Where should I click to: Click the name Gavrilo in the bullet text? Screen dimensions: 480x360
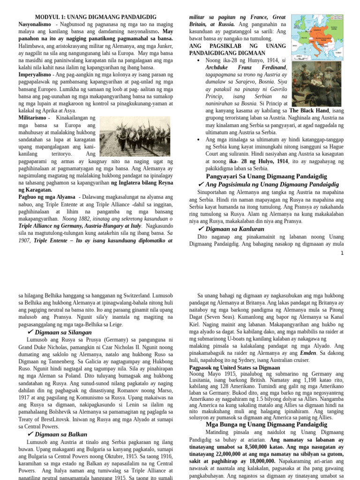277,89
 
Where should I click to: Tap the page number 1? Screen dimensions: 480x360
342,254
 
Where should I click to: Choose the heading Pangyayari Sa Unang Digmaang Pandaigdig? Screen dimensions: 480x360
266,176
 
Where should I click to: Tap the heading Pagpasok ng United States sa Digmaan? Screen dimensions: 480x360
234,368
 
